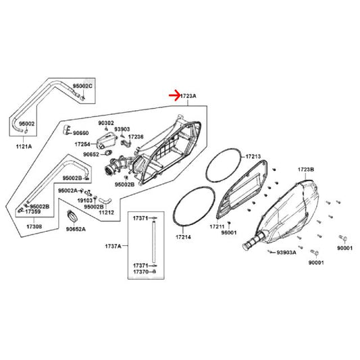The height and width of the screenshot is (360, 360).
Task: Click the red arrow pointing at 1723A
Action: (x=175, y=95)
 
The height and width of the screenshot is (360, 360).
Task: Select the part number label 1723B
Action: (x=306, y=170)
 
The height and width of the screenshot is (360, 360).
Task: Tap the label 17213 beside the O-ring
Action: (x=253, y=157)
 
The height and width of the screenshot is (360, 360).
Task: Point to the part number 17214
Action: (x=184, y=237)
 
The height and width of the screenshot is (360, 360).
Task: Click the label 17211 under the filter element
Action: (x=217, y=227)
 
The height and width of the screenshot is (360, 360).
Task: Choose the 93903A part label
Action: (x=286, y=253)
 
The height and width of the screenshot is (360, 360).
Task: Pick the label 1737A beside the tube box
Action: (x=113, y=247)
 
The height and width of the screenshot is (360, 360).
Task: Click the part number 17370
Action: (x=140, y=272)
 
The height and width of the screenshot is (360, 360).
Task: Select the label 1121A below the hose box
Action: (x=24, y=147)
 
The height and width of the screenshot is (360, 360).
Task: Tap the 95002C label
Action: (x=82, y=86)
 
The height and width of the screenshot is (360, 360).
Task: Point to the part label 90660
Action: (x=81, y=133)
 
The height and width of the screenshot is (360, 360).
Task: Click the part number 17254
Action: (x=82, y=144)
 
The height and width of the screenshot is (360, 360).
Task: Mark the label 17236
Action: (x=136, y=137)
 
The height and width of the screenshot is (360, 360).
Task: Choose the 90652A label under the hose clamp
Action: (x=76, y=229)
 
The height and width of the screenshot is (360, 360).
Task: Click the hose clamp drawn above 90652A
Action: (x=72, y=215)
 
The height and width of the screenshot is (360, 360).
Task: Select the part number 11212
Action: (x=106, y=212)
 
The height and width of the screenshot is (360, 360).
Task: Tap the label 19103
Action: (x=84, y=201)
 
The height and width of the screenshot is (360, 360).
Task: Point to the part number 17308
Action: (x=34, y=227)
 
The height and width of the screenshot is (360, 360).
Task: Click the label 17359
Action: (x=33, y=211)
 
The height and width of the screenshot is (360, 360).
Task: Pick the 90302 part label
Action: (x=106, y=124)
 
